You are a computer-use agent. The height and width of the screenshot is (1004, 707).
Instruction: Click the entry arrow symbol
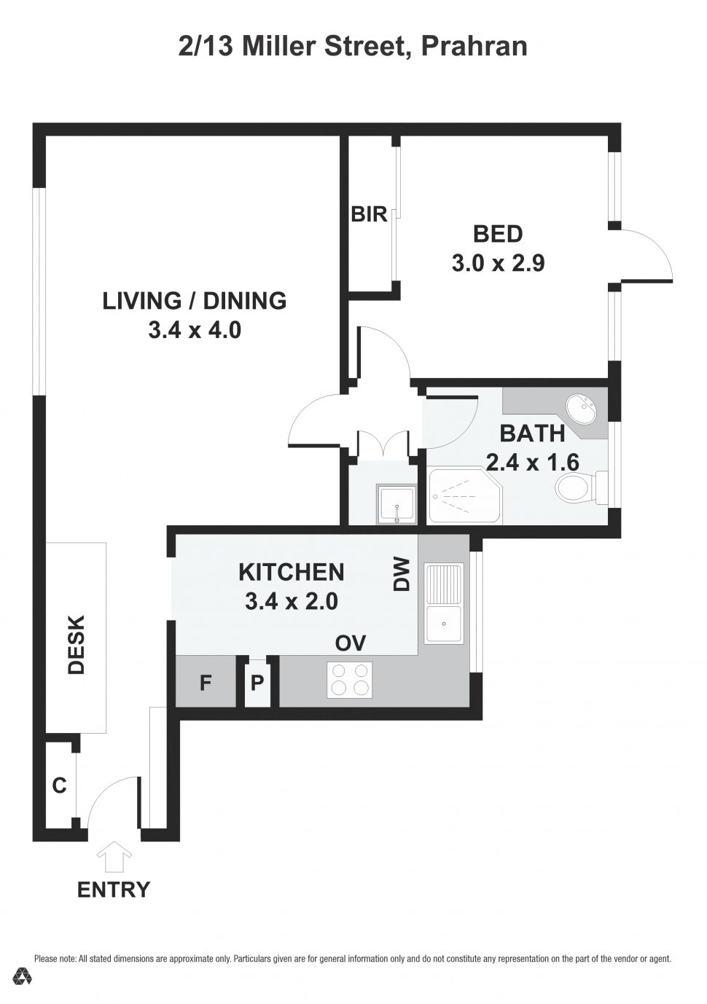tap(114, 857)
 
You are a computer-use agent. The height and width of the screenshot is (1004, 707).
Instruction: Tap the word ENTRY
tap(114, 890)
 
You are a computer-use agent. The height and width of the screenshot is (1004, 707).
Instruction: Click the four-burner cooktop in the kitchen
tap(349, 679)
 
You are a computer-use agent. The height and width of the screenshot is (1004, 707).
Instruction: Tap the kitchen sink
tap(444, 603)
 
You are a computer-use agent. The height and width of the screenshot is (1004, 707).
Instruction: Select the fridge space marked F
tap(206, 683)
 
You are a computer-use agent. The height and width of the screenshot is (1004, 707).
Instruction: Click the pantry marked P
tap(257, 683)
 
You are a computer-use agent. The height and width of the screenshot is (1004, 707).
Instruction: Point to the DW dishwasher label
tap(402, 575)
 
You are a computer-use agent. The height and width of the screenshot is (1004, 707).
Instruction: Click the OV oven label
tap(350, 643)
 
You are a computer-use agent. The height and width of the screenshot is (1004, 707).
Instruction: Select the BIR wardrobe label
tap(369, 215)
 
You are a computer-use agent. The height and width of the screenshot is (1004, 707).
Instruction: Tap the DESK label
tap(77, 645)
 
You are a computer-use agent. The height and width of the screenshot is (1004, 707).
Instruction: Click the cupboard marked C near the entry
tap(59, 785)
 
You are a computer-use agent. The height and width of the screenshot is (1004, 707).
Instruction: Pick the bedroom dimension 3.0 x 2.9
tap(498, 263)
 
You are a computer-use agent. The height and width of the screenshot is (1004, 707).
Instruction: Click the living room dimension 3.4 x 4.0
tap(194, 330)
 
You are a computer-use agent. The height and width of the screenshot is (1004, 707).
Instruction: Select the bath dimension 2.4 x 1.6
tap(532, 462)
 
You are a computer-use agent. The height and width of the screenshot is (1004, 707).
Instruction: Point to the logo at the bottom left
tap(22, 977)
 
